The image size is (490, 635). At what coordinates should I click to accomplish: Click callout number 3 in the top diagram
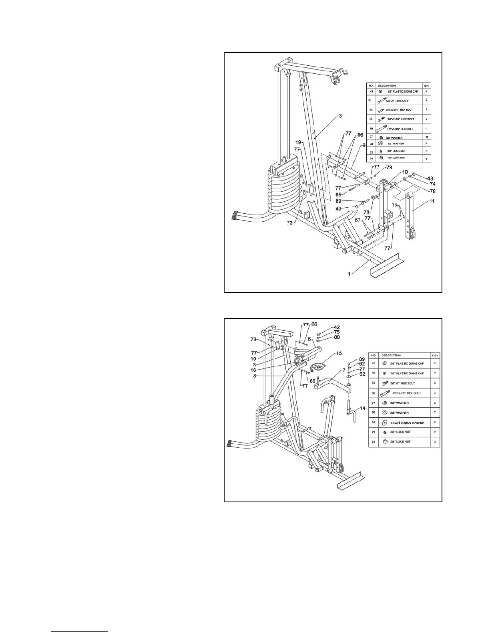click(x=340, y=116)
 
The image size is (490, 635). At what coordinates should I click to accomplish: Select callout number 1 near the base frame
click(x=349, y=274)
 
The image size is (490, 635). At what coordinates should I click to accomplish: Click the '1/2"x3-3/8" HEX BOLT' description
click(x=400, y=129)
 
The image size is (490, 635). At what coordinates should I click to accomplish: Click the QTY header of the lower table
click(x=434, y=355)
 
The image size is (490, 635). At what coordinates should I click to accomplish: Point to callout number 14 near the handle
click(x=363, y=408)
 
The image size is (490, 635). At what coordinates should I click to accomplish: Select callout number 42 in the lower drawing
click(x=337, y=327)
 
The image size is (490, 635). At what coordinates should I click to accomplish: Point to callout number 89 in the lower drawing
click(x=362, y=359)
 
